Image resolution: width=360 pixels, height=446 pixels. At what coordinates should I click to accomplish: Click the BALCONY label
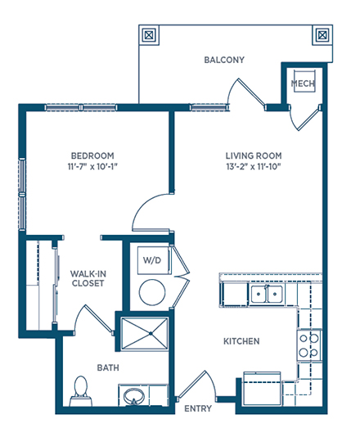(x=224, y=60)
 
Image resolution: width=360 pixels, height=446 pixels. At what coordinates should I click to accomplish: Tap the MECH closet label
(x=303, y=83)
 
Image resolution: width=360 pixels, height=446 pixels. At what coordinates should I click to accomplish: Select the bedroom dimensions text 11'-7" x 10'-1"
(x=92, y=166)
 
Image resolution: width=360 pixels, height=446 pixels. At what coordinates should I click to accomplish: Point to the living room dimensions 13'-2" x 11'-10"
(x=254, y=166)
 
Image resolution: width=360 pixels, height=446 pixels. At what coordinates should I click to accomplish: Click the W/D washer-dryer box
(x=154, y=260)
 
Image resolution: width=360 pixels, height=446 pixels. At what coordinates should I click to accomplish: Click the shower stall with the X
(x=145, y=333)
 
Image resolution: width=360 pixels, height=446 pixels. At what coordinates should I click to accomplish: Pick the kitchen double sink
(x=267, y=294)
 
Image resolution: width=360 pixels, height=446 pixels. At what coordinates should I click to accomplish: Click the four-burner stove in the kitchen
(x=309, y=345)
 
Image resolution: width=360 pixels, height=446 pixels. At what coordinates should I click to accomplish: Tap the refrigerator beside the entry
(x=262, y=389)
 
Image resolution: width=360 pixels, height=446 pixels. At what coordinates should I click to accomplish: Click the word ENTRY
(x=198, y=408)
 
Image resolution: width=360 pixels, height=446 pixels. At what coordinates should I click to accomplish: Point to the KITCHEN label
(x=241, y=341)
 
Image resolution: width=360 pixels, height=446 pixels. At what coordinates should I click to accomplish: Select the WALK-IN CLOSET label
(x=88, y=278)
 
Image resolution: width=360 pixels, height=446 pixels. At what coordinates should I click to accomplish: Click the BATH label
(x=108, y=367)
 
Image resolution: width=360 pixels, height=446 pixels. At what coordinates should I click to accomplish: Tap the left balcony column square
(x=149, y=35)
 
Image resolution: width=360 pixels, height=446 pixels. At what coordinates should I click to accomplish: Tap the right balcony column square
(x=322, y=35)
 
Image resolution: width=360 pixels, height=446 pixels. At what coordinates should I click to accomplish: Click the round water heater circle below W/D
(x=152, y=292)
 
